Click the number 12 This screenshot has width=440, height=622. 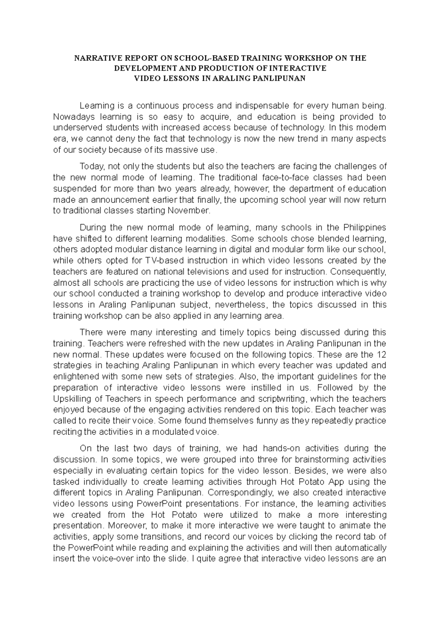point(381,355)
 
